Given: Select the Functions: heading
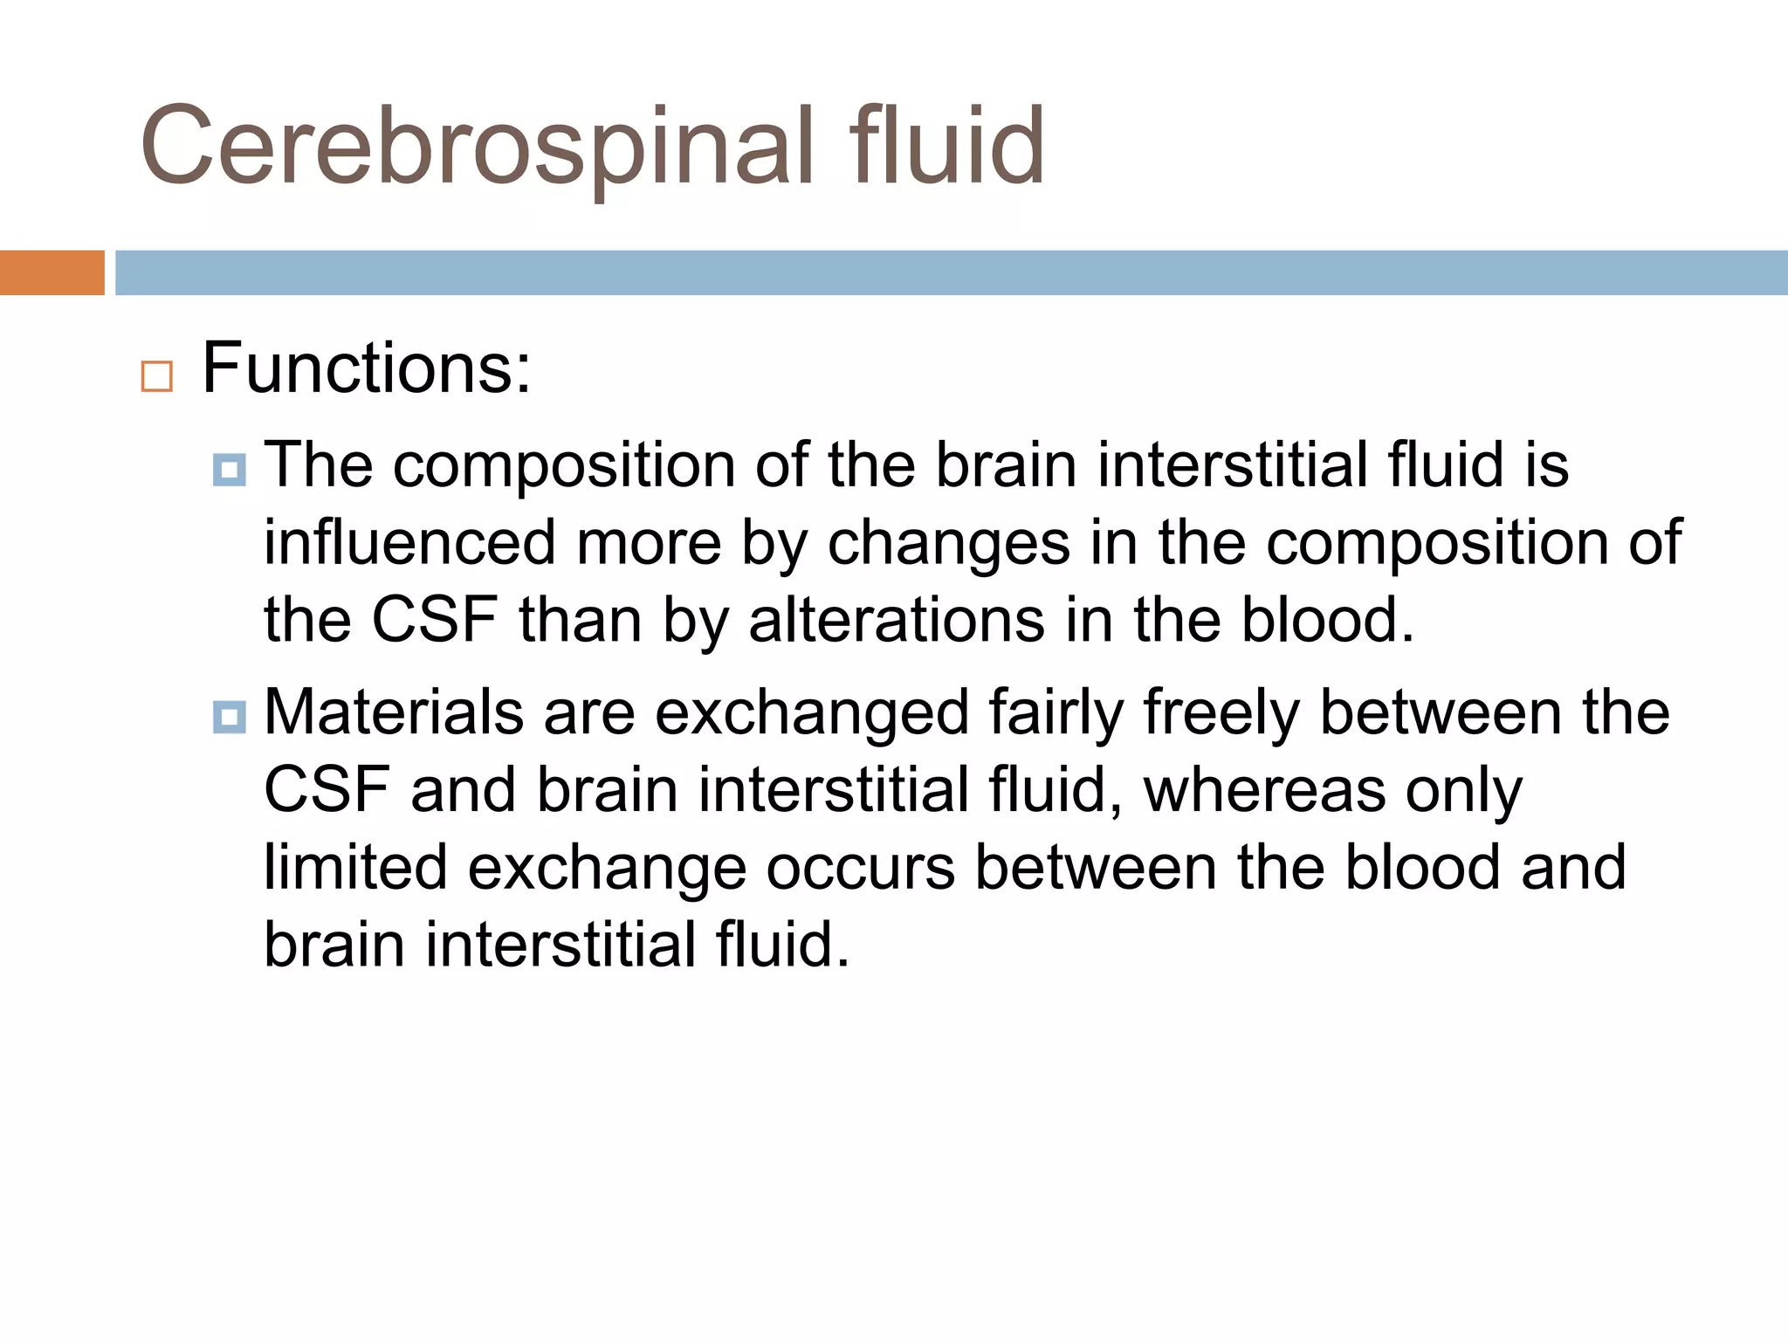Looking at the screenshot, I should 367,369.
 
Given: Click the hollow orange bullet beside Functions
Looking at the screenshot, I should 157,376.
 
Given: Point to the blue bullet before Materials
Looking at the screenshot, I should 230,718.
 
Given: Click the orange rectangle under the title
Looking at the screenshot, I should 52,272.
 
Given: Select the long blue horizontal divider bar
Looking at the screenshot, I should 951,272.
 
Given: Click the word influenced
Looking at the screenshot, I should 409,543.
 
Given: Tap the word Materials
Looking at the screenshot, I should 394,712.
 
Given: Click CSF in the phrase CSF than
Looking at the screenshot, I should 435,621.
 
